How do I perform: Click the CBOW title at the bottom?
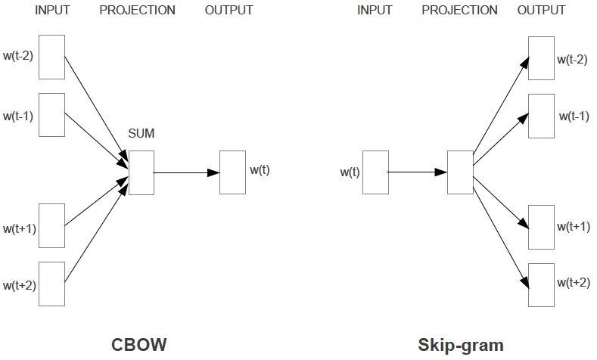click(140, 345)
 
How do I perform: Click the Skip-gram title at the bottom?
click(461, 345)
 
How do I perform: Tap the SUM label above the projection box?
click(141, 133)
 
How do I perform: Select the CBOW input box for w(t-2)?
click(51, 57)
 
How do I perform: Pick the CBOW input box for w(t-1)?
click(51, 115)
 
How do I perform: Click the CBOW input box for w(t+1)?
click(51, 225)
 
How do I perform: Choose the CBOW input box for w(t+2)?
click(51, 283)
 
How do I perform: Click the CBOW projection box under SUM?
click(141, 172)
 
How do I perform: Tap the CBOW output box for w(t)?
click(232, 172)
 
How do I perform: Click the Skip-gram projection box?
click(459, 172)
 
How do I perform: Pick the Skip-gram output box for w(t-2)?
click(541, 57)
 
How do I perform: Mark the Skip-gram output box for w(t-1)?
click(541, 116)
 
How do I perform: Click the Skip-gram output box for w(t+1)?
click(541, 226)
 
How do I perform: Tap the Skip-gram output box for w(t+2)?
click(541, 284)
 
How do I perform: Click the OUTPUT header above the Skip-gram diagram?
click(541, 11)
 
